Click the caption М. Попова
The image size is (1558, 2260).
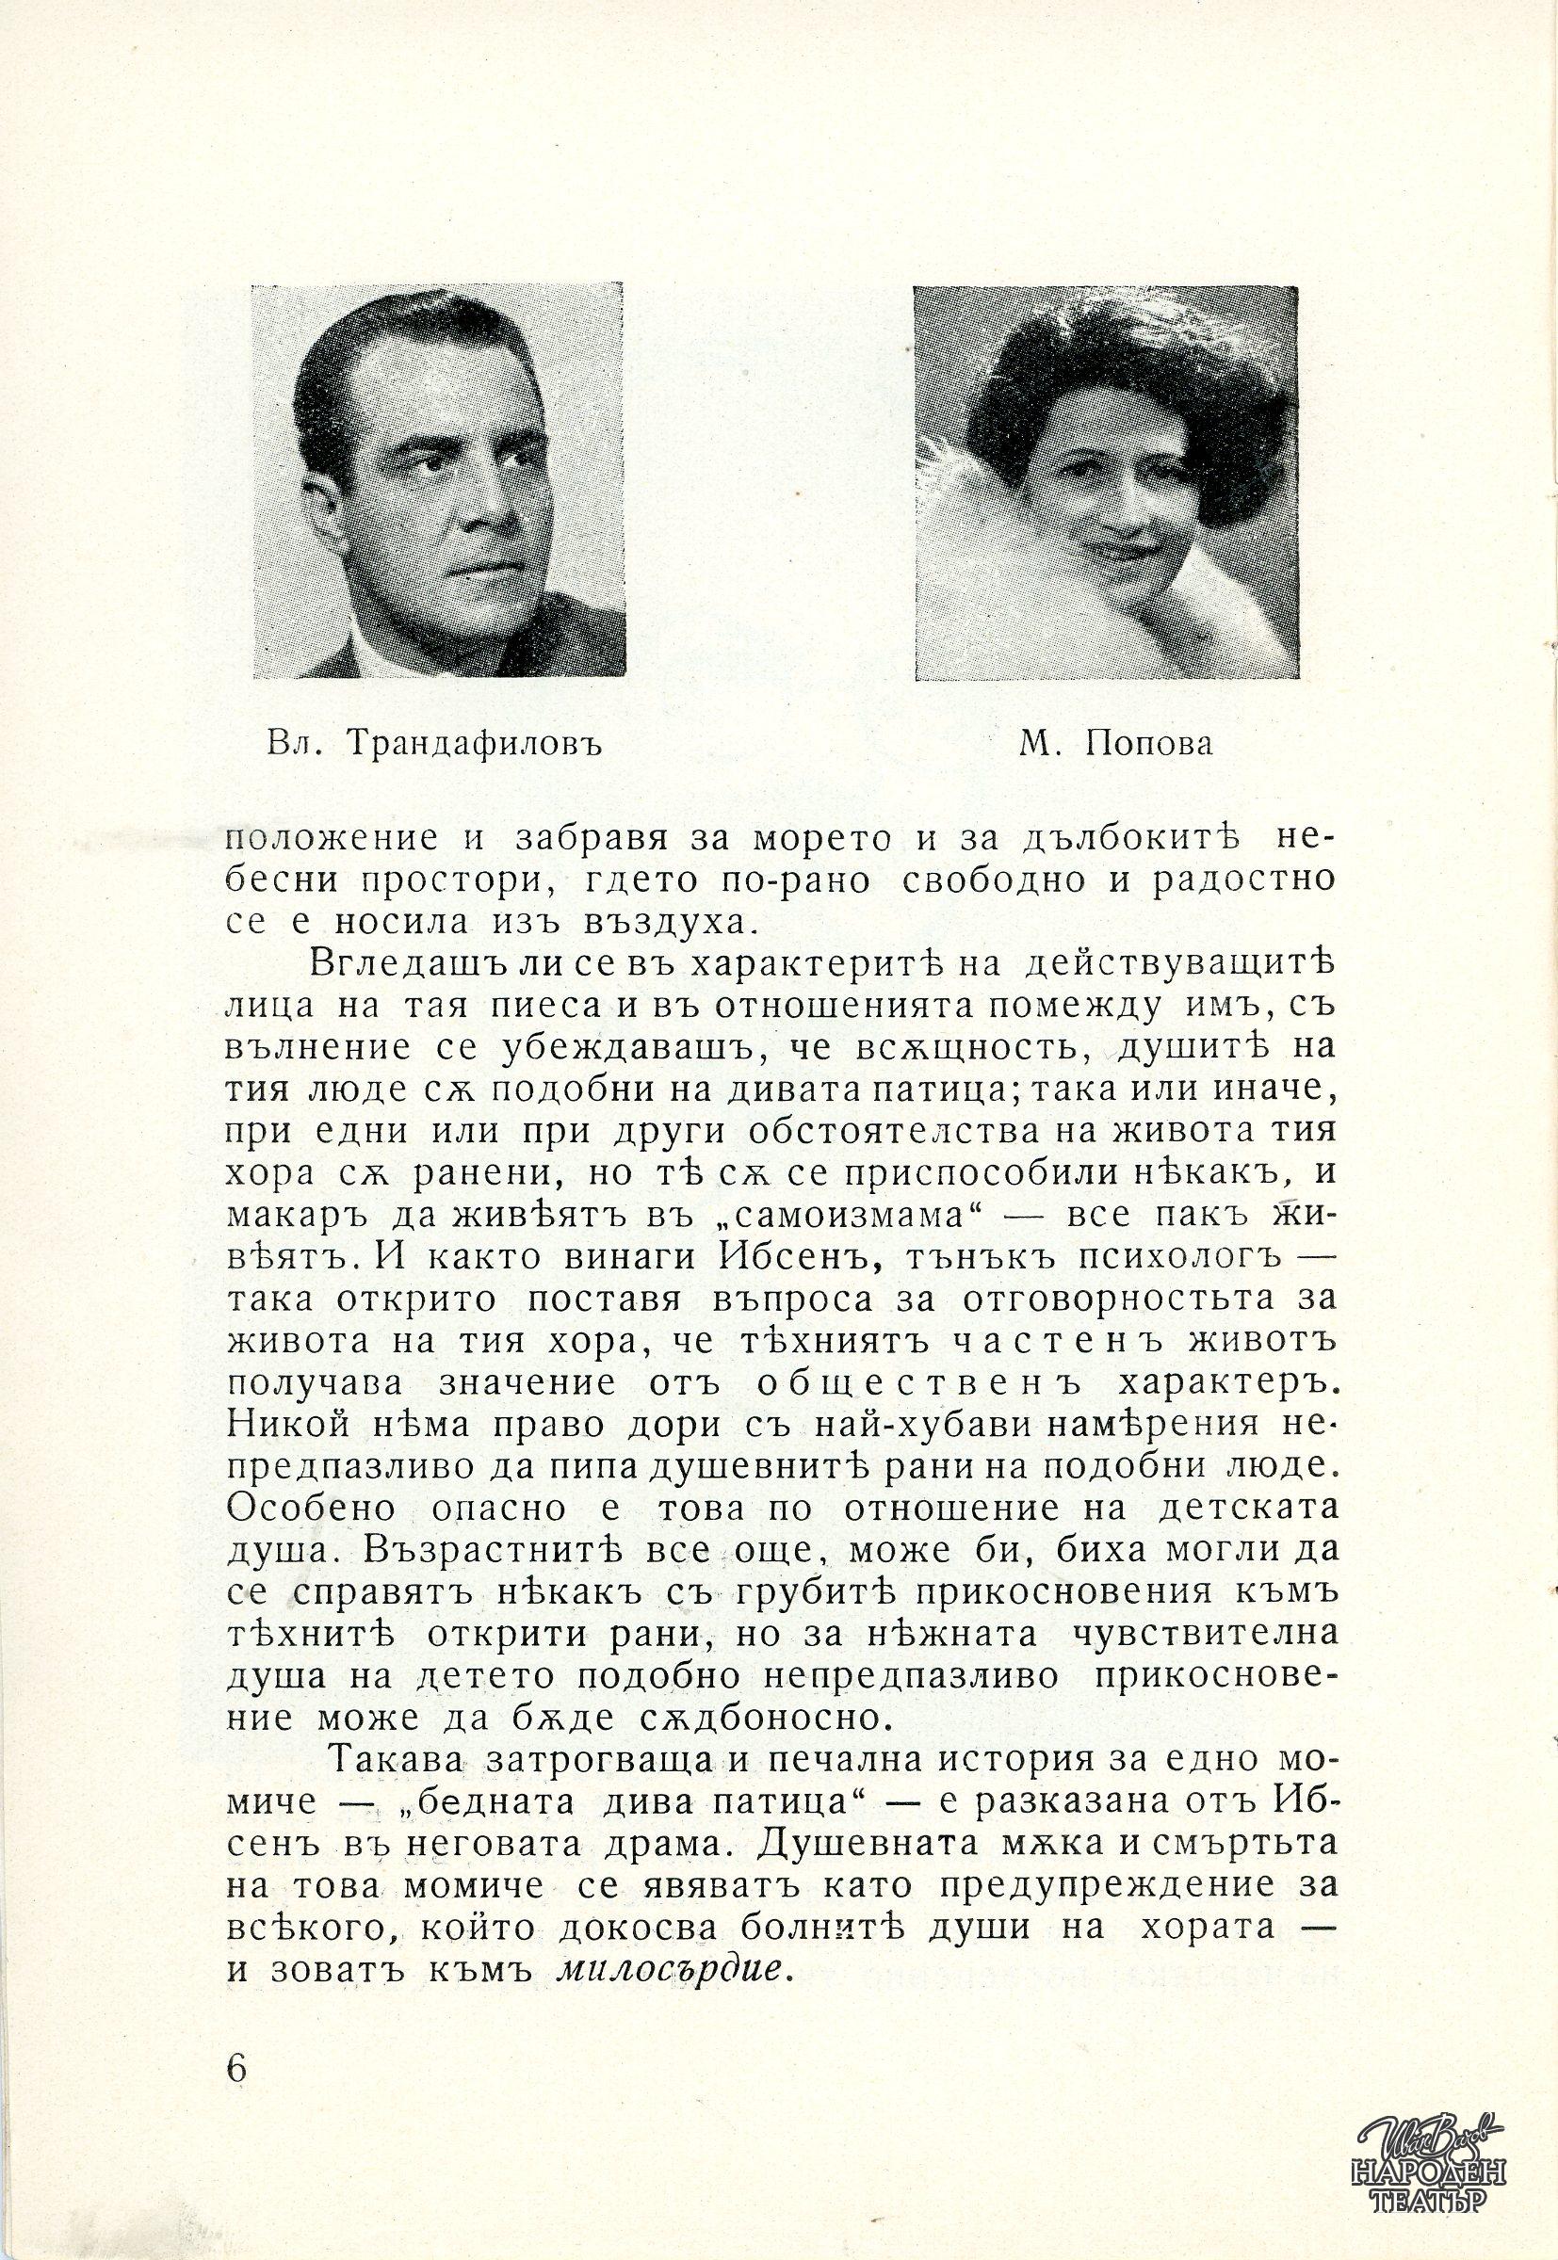pos(1115,745)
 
